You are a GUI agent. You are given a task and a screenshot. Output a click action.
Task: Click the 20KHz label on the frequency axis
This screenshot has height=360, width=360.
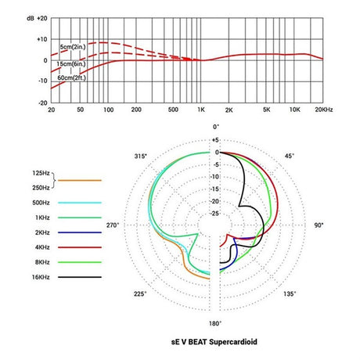[326, 110]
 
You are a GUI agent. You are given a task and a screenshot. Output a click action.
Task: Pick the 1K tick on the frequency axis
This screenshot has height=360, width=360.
[200, 110]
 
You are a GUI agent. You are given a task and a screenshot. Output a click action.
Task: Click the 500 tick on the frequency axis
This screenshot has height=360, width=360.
[174, 110]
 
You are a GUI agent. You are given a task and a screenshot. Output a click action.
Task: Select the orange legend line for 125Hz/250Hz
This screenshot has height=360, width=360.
[85, 181]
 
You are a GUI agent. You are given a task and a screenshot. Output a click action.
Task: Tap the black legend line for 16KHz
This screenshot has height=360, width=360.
[85, 277]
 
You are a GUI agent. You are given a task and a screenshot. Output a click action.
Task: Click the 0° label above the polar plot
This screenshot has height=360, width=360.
[216, 126]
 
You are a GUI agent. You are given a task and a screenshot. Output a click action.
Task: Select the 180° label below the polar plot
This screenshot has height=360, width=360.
[216, 323]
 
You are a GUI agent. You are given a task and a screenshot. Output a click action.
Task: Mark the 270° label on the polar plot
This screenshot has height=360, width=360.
[112, 225]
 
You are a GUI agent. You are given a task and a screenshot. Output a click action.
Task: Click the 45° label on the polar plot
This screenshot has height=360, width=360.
[290, 157]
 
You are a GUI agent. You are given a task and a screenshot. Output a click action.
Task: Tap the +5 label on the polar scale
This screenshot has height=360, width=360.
[216, 141]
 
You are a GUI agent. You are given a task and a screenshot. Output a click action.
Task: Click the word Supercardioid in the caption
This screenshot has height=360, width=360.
[232, 344]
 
